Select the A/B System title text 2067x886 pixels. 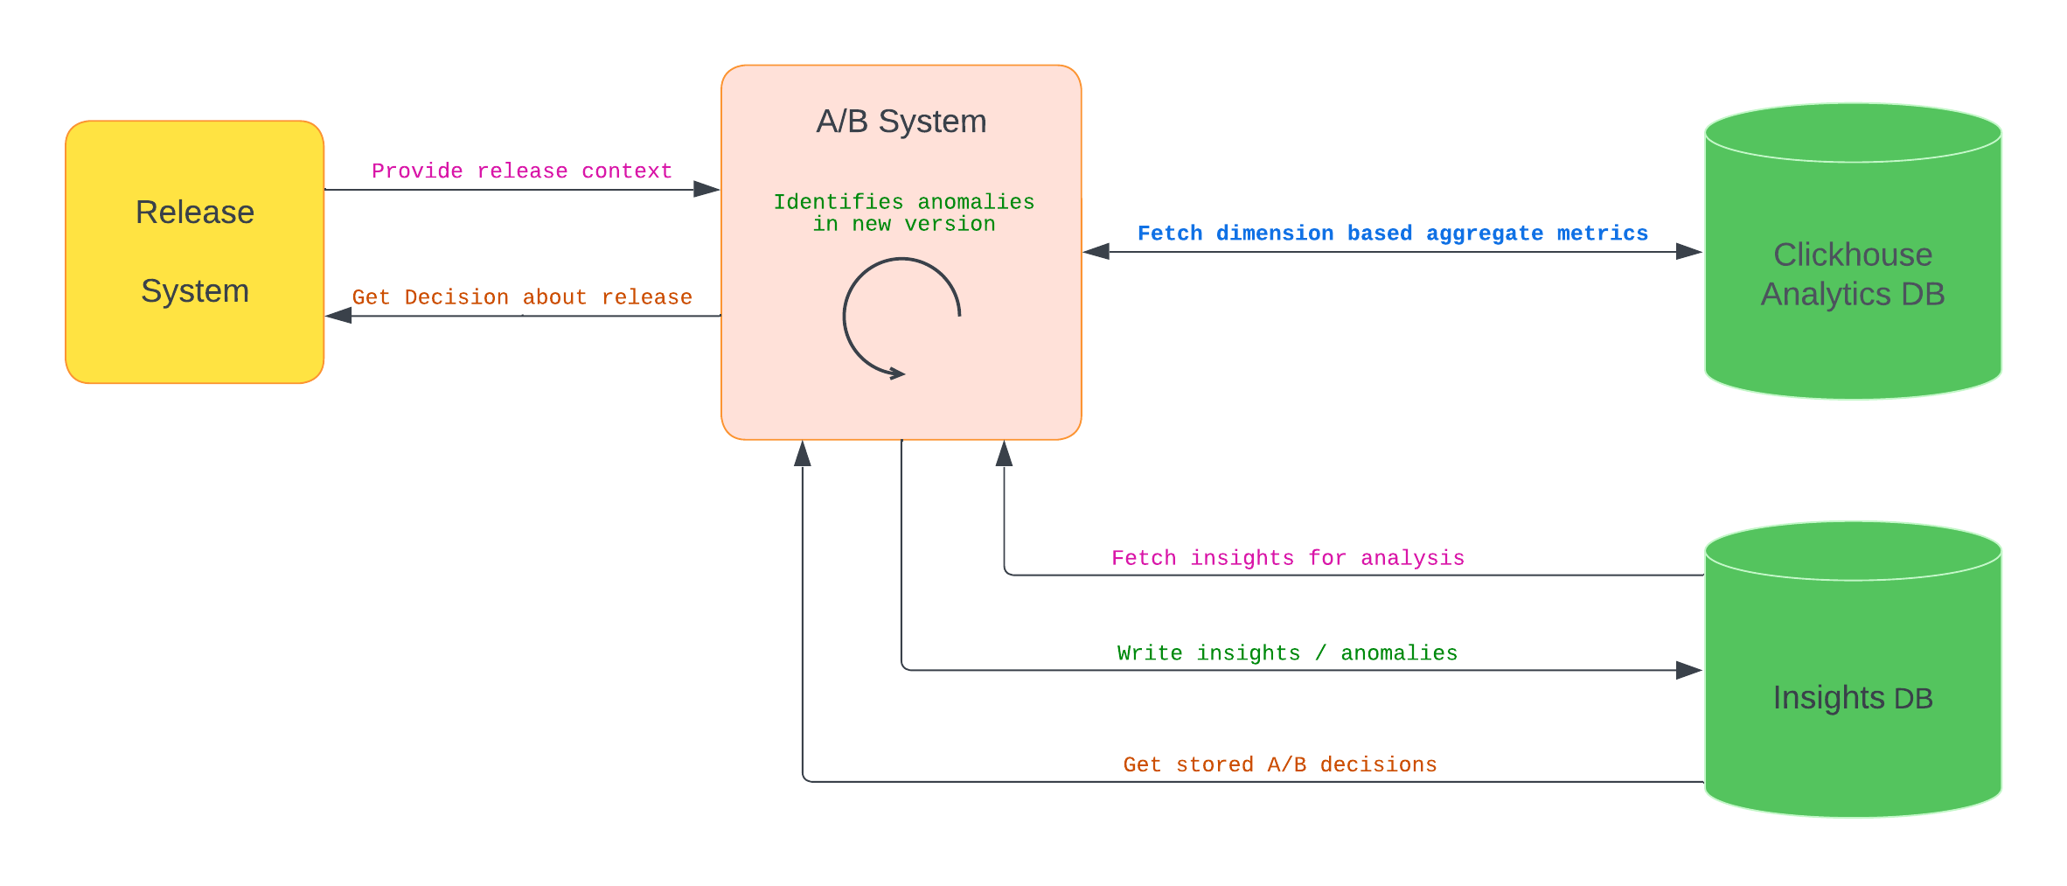pos(901,122)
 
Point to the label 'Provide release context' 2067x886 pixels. pos(522,171)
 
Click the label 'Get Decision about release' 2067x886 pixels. pos(522,297)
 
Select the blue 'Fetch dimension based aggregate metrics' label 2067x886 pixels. pos(1392,234)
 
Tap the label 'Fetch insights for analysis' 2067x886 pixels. pos(1287,558)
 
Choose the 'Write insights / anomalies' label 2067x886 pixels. pos(1287,653)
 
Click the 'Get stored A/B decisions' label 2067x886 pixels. pos(1280,764)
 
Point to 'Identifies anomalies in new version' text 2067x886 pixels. pos(903,213)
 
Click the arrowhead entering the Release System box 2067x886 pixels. pos(339,316)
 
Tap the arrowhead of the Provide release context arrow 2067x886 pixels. pos(706,189)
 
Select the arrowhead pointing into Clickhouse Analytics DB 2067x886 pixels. pos(1688,252)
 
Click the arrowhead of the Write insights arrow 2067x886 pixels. pos(1688,671)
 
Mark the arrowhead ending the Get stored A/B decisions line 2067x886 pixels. pos(803,453)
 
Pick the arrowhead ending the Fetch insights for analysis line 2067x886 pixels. pos(1005,453)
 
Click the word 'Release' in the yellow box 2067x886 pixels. pos(194,213)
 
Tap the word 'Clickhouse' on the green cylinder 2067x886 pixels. pos(1852,255)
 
